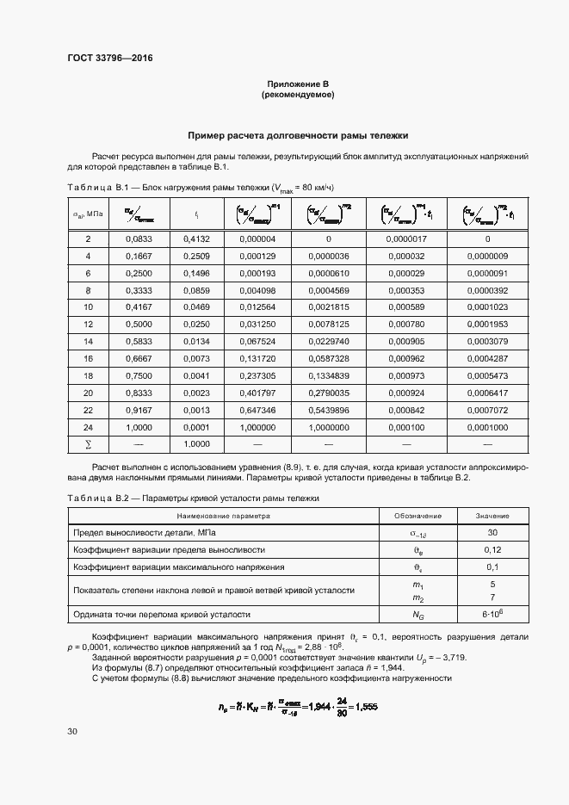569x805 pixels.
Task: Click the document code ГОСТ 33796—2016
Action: [x=103, y=59]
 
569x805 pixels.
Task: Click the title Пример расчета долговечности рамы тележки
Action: [x=298, y=135]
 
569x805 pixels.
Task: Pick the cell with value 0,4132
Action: [x=197, y=238]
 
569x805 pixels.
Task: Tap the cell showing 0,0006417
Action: [x=487, y=393]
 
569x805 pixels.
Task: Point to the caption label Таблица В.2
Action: [x=97, y=498]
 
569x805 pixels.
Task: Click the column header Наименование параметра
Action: [x=224, y=516]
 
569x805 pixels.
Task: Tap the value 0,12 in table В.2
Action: [x=492, y=549]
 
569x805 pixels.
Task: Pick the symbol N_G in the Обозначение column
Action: [x=418, y=615]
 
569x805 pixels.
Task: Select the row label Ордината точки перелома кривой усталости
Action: [x=162, y=615]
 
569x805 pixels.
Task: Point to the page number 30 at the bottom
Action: [x=72, y=731]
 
